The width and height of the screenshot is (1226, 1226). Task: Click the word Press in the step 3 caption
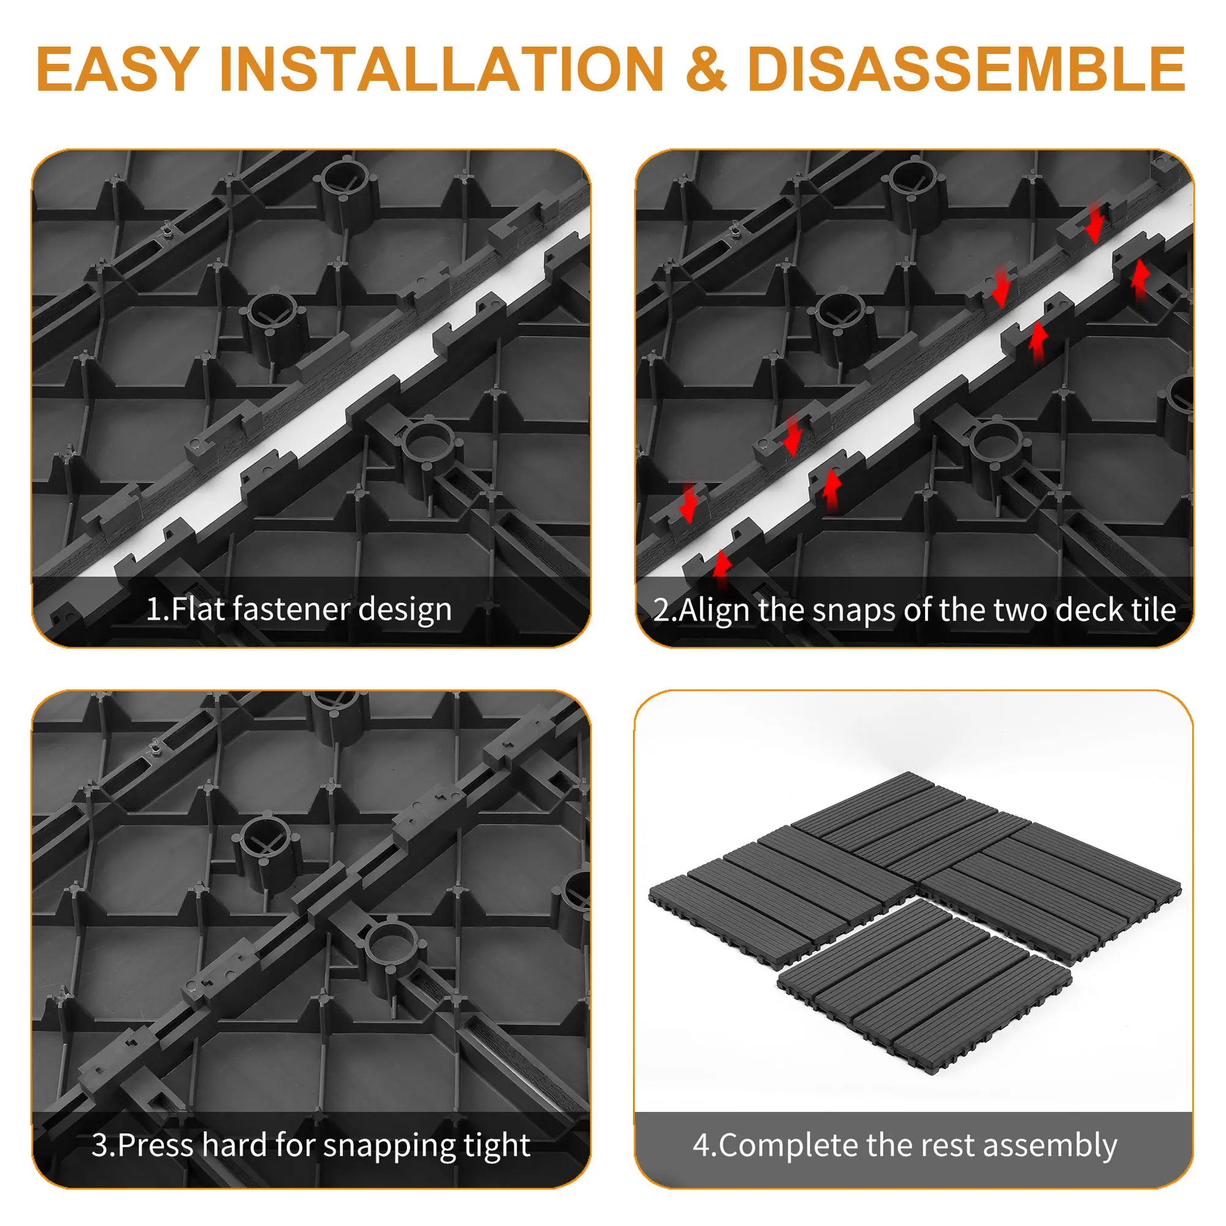[x=154, y=1146]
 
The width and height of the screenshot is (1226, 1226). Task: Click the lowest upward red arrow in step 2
[x=721, y=571]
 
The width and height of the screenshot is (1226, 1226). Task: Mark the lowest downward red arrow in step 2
[x=688, y=503]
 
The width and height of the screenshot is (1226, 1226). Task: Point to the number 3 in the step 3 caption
[x=101, y=1146]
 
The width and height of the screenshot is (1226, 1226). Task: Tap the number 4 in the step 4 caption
[x=702, y=1146]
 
